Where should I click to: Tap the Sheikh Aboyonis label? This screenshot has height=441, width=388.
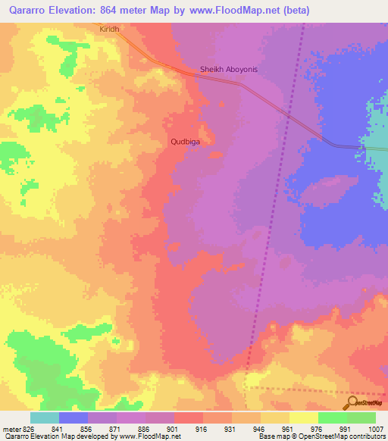pyautogui.click(x=229, y=70)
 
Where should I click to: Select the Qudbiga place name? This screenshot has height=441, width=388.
pyautogui.click(x=185, y=141)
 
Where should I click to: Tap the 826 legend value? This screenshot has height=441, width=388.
pyautogui.click(x=29, y=428)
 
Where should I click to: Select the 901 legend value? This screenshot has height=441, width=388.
pyautogui.click(x=174, y=428)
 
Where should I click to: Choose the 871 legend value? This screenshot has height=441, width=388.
pyautogui.click(x=116, y=428)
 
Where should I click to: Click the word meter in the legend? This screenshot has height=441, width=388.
pyautogui.click(x=11, y=428)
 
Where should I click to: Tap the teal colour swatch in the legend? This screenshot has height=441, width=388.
pyautogui.click(x=44, y=418)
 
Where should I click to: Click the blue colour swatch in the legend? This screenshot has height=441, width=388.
pyautogui.click(x=73, y=418)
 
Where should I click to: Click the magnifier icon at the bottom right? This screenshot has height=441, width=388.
pyautogui.click(x=351, y=402)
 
